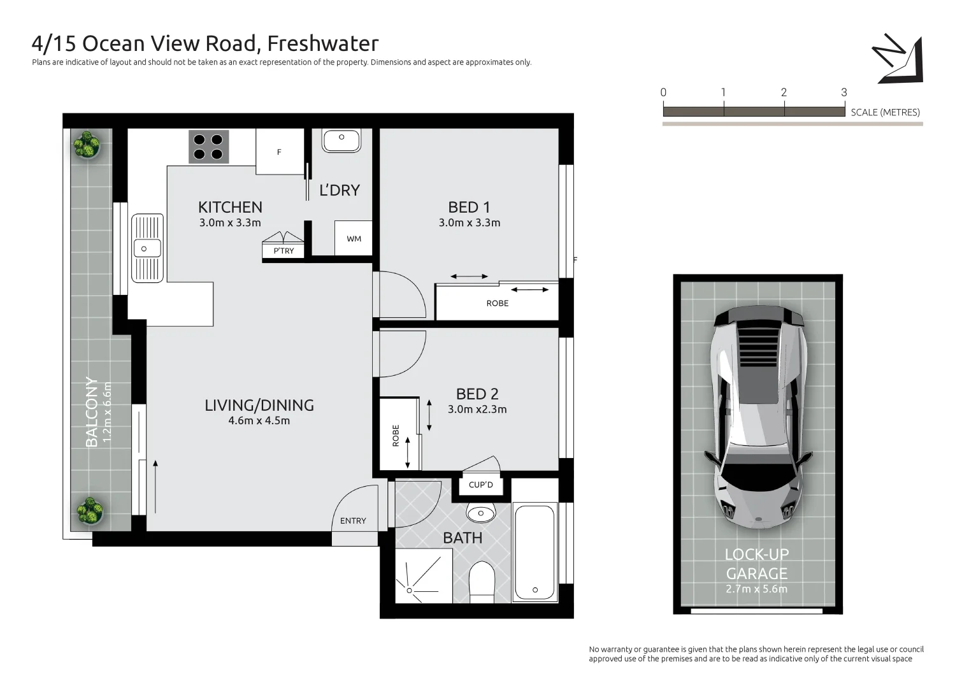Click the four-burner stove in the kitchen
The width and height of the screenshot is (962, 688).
tap(208, 147)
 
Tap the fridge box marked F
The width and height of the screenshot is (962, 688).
tap(280, 152)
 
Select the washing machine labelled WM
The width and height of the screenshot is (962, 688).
tap(354, 238)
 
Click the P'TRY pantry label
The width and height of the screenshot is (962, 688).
tap(284, 251)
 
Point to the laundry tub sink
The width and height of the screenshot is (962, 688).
tap(341, 140)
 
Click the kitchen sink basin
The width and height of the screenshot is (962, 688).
tap(147, 248)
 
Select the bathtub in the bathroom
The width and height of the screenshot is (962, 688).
tap(535, 552)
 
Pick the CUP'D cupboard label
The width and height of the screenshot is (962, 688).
tap(481, 485)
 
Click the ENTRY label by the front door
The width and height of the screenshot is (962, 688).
tap(353, 520)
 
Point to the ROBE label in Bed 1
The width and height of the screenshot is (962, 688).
tap(498, 303)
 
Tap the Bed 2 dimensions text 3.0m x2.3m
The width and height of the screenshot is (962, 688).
tap(477, 410)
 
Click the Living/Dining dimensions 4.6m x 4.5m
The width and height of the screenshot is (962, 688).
tap(259, 420)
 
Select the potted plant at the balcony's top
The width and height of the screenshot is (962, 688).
tap(86, 145)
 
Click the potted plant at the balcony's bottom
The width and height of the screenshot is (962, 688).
tap(90, 511)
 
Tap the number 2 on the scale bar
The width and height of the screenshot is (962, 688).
tap(784, 92)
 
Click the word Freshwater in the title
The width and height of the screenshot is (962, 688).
tap(322, 43)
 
